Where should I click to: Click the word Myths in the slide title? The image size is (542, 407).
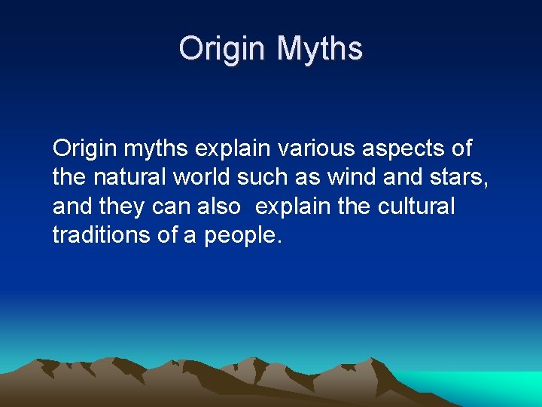(x=320, y=50)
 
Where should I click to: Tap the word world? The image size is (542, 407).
(x=202, y=177)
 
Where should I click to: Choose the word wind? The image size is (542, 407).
(x=351, y=177)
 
